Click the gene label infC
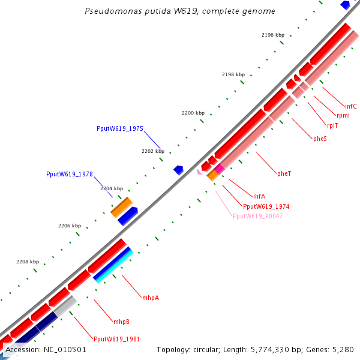pyautogui.click(x=350, y=106)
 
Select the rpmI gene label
pyautogui.click(x=343, y=116)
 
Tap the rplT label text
pyautogui.click(x=332, y=126)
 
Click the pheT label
pyautogui.click(x=284, y=173)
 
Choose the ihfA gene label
pyautogui.click(x=259, y=196)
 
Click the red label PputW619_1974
pyautogui.click(x=266, y=206)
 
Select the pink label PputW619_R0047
pyautogui.click(x=257, y=216)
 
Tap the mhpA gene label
pyautogui.click(x=151, y=298)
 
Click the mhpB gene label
pyautogui.click(x=121, y=322)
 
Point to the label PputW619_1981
pyautogui.click(x=116, y=339)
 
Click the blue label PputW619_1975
pyautogui.click(x=119, y=128)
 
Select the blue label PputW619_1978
pyautogui.click(x=69, y=174)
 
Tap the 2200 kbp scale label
pyautogui.click(x=193, y=113)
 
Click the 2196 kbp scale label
pyautogui.click(x=272, y=35)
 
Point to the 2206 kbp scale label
pyautogui.click(x=69, y=226)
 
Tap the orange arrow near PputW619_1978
pyautogui.click(x=121, y=207)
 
